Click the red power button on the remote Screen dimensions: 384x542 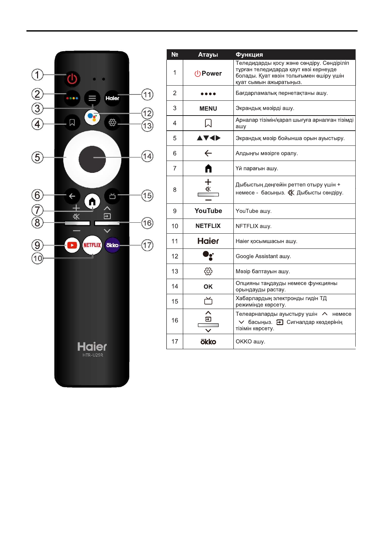click(72, 79)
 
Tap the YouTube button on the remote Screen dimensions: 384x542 click(72, 245)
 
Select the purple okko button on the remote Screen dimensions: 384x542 click(112, 245)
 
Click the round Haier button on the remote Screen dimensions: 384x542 click(112, 98)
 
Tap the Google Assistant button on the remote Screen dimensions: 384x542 click(92, 117)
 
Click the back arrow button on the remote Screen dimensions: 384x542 click(72, 196)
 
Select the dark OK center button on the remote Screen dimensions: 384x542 click(92, 159)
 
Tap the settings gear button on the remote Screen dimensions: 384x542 click(112, 123)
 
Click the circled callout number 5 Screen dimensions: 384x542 click(37, 157)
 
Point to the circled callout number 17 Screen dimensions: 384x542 click(147, 245)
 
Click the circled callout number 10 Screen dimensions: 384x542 click(37, 258)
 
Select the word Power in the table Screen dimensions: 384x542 click(212, 73)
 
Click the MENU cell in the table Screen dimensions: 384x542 click(208, 108)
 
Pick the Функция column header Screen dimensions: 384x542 click(249, 55)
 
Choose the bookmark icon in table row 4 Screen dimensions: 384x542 click(208, 123)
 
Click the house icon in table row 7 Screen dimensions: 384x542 click(208, 168)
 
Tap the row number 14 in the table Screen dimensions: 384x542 click(175, 286)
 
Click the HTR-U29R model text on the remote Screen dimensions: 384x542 click(93, 355)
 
